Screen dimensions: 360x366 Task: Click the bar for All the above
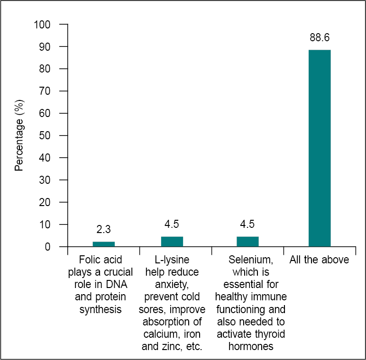click(x=320, y=148)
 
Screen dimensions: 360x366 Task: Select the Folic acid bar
click(x=103, y=244)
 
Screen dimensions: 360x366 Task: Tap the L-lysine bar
click(x=172, y=242)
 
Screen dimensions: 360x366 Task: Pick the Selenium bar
click(x=247, y=242)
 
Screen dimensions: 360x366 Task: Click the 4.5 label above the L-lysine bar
click(x=172, y=225)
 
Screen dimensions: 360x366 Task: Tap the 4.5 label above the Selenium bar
click(x=247, y=225)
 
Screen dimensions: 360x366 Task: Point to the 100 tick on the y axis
click(x=42, y=24)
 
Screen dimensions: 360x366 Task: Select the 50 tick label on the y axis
click(x=46, y=135)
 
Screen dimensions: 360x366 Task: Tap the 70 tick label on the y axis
click(x=46, y=91)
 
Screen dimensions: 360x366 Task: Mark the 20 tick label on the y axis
click(x=46, y=202)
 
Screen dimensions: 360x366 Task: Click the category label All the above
click(x=320, y=260)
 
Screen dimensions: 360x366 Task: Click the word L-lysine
click(x=172, y=260)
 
